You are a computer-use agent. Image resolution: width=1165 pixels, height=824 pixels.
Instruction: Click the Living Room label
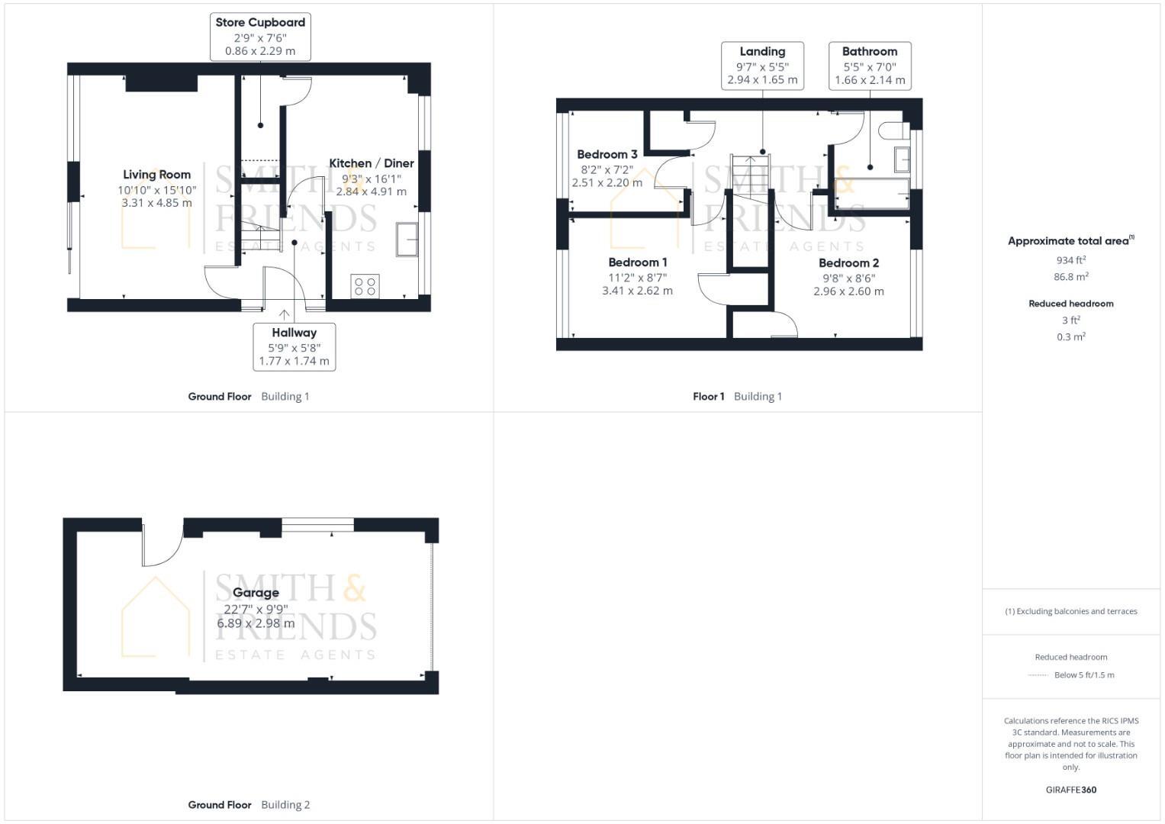156,175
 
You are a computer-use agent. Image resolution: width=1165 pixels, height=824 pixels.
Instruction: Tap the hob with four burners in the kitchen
365,286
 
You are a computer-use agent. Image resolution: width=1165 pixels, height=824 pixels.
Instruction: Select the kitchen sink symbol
407,239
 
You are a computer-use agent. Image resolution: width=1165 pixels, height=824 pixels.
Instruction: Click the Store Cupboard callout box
260,37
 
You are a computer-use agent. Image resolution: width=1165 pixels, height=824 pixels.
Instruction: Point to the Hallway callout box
294,346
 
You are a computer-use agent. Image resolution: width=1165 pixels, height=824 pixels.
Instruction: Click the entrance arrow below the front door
285,314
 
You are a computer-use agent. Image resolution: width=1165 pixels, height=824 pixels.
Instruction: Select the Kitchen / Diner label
371,163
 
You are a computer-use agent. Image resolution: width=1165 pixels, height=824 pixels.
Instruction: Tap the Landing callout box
762,66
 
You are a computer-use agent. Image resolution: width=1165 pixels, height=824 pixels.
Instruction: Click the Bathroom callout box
870,66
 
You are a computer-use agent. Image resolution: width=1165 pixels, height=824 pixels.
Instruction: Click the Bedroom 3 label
607,155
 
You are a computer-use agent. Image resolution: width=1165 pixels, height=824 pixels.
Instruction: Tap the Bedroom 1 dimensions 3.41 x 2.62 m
637,291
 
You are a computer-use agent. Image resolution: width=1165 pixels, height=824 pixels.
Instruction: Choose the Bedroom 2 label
848,263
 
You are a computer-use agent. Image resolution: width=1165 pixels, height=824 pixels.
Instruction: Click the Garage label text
256,593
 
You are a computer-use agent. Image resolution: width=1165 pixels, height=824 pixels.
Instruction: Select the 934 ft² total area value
1070,260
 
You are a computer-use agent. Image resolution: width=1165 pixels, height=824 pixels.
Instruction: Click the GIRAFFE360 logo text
1070,790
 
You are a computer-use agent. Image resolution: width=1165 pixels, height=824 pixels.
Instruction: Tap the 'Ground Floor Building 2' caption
249,804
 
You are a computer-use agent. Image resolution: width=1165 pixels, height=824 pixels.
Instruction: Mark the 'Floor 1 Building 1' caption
737,396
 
